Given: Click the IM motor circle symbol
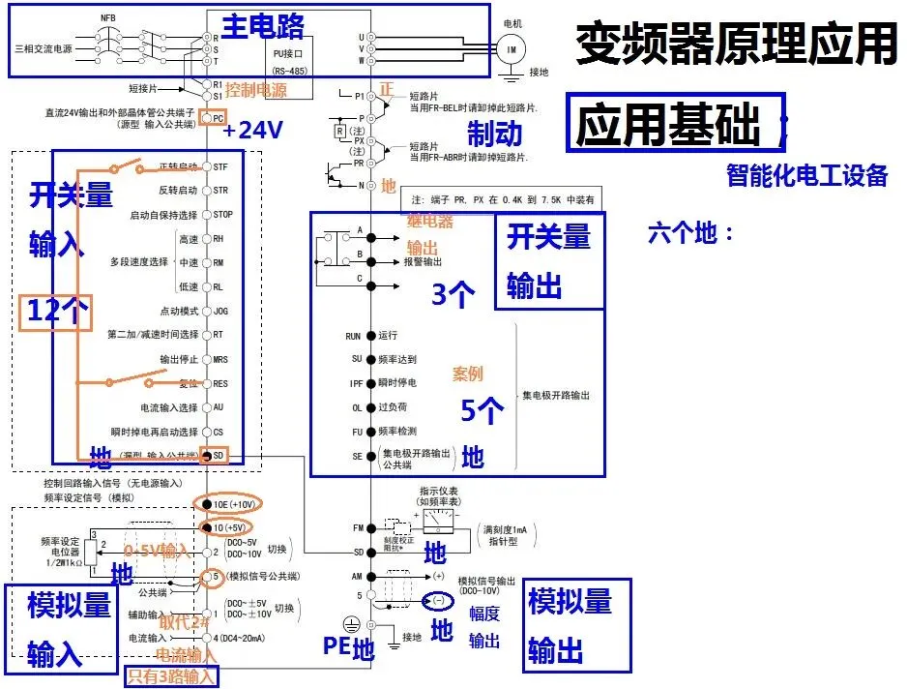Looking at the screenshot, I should (x=511, y=48).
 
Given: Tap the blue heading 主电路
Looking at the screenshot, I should (x=263, y=25).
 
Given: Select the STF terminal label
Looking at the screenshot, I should (x=220, y=167).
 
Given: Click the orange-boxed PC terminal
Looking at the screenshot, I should (x=218, y=118).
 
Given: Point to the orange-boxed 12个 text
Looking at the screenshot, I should (x=56, y=311).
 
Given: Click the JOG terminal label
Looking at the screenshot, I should (x=220, y=311).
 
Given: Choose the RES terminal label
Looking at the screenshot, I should (x=220, y=383).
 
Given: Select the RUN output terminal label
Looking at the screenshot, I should (x=353, y=336).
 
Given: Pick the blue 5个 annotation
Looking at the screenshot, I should (x=482, y=411).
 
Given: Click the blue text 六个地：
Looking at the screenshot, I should (x=691, y=233).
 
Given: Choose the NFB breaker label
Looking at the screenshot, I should (x=107, y=17).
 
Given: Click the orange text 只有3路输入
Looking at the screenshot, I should (x=172, y=676).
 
